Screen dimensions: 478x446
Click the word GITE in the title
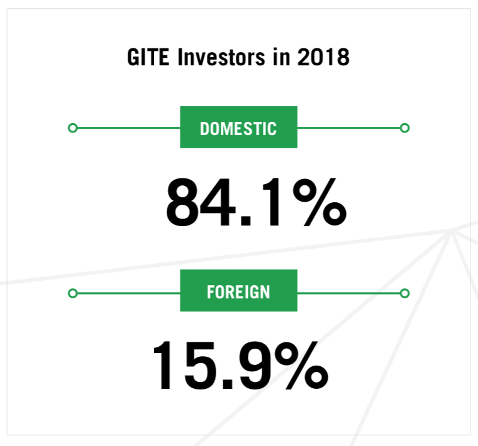(148, 57)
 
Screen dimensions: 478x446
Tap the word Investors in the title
(221, 57)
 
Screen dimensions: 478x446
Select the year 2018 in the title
(323, 57)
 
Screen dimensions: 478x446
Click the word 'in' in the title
(281, 57)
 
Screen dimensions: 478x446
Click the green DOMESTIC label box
(239, 128)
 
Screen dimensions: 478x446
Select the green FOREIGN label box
(239, 290)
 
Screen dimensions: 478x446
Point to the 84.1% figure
(256, 202)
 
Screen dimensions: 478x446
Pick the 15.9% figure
(241, 366)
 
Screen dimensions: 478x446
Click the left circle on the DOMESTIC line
(72, 128)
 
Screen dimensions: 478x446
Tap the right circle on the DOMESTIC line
(404, 128)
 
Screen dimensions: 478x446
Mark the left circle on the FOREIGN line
(72, 293)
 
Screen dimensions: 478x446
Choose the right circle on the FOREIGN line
(404, 293)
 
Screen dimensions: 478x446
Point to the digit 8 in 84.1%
(181, 202)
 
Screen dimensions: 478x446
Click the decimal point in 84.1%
(245, 221)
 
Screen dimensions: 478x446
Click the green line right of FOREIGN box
(348, 293)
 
